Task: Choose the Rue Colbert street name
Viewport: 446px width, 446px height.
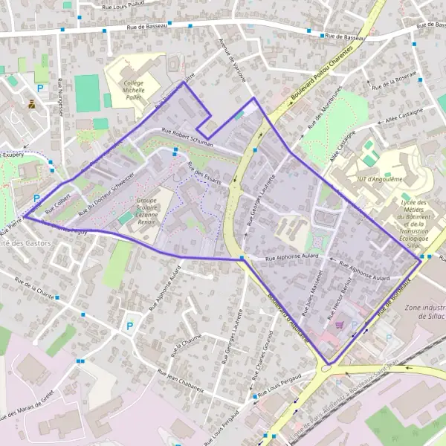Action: point(61,201)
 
